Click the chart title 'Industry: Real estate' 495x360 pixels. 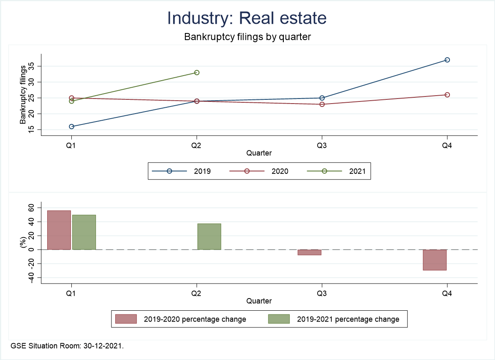[247, 18]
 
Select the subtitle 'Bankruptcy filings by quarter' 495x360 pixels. [247, 37]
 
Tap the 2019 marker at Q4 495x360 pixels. [447, 60]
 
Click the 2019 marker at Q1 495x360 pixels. [71, 127]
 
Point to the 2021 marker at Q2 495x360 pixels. [197, 73]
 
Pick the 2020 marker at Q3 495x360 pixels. [322, 104]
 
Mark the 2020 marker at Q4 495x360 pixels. [447, 95]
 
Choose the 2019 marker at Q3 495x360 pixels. [322, 98]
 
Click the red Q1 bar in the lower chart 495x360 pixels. [59, 230]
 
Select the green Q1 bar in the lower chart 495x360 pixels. [84, 232]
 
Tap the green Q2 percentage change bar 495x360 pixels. [209, 236]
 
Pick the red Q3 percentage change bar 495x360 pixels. [309, 252]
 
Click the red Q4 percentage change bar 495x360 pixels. [434, 260]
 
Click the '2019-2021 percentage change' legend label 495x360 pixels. [348, 319]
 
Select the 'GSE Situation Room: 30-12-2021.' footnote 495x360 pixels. [67, 346]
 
